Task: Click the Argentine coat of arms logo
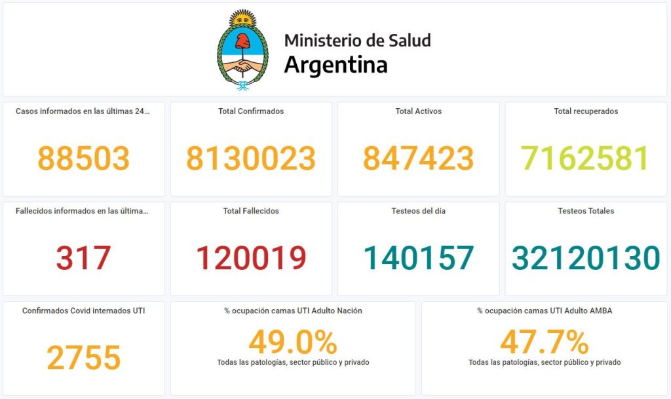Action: tap(243, 50)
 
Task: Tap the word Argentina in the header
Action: tap(335, 65)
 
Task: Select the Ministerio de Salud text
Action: tap(357, 40)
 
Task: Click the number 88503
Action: tap(83, 158)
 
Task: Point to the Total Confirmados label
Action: tap(251, 111)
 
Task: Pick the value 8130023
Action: tap(251, 158)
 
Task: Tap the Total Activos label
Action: tap(418, 111)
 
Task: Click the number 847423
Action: tap(418, 158)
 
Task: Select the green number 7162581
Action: tap(585, 158)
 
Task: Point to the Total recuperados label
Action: tap(586, 111)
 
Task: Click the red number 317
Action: tap(83, 257)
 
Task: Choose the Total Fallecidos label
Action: tap(251, 211)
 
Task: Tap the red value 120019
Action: tap(251, 257)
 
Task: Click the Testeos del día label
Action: tap(418, 211)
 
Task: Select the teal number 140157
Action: tap(418, 257)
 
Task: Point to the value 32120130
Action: tap(586, 257)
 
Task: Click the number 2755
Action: tap(83, 358)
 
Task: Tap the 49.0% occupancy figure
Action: tap(293, 342)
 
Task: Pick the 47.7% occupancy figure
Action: tap(545, 342)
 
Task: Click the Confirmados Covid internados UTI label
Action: tap(83, 311)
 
